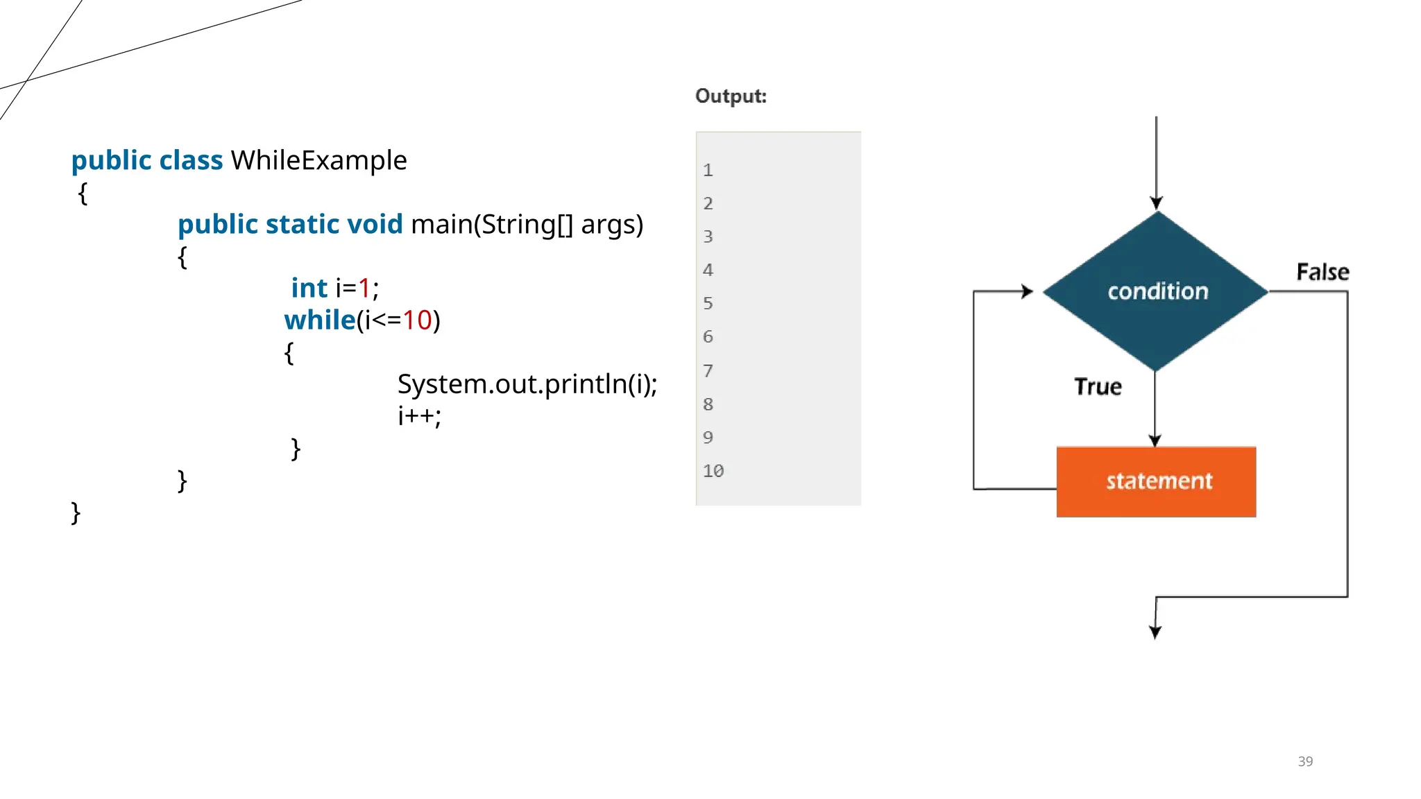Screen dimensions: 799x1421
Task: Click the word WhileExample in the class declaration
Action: (x=318, y=160)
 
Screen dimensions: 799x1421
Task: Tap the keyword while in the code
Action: (x=320, y=320)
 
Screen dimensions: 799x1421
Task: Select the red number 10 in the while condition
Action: (x=417, y=320)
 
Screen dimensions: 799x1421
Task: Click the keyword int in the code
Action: (x=309, y=288)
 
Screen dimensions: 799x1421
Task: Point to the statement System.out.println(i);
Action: (x=527, y=384)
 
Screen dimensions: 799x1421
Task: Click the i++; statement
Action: (x=419, y=415)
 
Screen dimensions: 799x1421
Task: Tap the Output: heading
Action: (x=731, y=96)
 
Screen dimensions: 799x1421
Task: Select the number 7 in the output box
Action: (x=708, y=371)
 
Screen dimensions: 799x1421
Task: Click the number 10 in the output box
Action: (x=713, y=471)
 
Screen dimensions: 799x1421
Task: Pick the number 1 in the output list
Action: (x=708, y=171)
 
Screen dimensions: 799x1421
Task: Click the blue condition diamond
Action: (x=1157, y=291)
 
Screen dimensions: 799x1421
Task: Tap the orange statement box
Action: (x=1156, y=482)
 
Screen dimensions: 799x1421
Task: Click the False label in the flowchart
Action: (x=1322, y=272)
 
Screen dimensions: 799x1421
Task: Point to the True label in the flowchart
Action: (x=1098, y=386)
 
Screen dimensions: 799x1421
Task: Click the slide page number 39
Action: (x=1305, y=762)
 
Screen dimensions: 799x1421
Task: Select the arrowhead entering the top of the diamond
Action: (x=1156, y=203)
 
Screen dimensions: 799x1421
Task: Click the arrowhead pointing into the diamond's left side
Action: (x=1027, y=292)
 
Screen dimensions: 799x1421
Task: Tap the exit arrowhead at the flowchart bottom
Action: (x=1155, y=632)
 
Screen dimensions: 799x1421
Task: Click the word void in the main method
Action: (x=375, y=225)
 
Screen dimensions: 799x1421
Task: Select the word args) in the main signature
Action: (x=612, y=225)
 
